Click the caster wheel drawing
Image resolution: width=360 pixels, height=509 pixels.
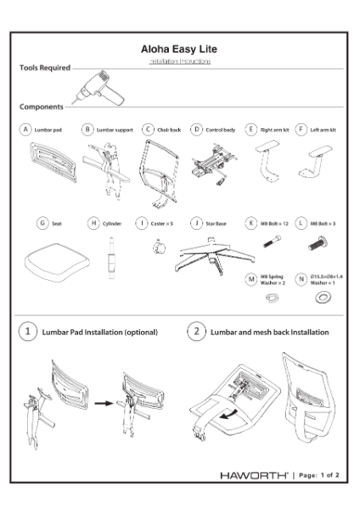tap(155, 247)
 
